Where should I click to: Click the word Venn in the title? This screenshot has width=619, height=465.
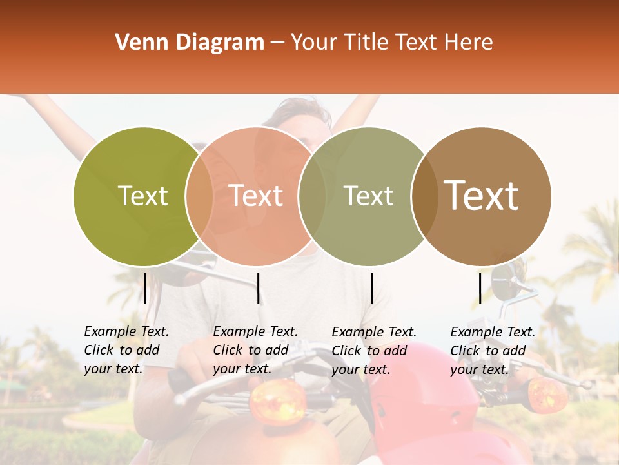point(137,43)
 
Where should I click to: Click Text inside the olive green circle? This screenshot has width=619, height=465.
point(142,196)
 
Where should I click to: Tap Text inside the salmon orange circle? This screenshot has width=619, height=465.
point(256,196)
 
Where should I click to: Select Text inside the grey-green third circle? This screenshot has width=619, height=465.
point(368,196)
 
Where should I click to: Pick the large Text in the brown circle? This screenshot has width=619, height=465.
point(482,196)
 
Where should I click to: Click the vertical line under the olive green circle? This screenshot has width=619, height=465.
point(144,288)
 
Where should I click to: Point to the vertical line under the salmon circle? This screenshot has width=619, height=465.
point(258,288)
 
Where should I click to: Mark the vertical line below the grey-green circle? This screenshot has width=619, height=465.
point(371,288)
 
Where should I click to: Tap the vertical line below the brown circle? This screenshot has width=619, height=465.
point(480,288)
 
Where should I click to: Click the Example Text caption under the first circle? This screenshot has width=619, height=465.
point(126,350)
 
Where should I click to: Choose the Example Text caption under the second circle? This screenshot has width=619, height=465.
point(255,350)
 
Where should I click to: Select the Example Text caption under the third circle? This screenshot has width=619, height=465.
point(374,351)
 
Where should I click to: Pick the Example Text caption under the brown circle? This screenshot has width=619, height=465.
point(493,351)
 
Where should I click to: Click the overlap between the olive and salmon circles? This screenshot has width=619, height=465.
point(199,196)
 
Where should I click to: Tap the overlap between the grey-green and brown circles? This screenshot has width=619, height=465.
point(424,196)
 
